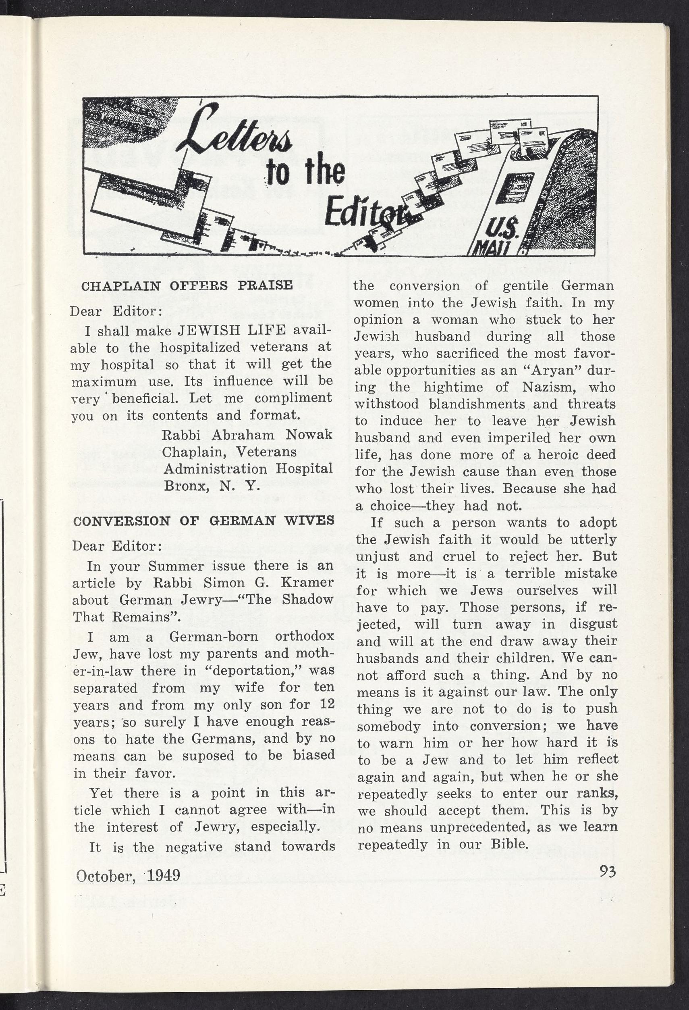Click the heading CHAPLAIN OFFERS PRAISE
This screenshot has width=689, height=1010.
click(x=187, y=286)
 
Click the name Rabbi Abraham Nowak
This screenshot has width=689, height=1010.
click(x=247, y=435)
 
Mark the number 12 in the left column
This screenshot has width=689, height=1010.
click(x=327, y=704)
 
